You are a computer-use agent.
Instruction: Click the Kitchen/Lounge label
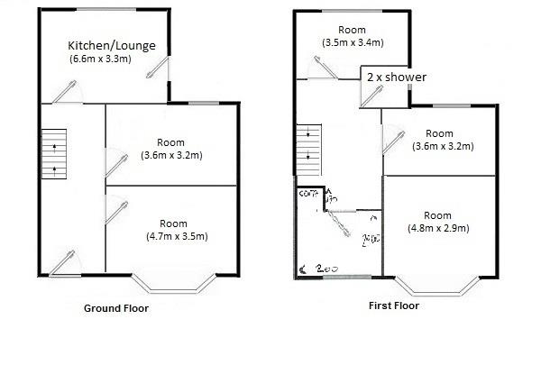110,44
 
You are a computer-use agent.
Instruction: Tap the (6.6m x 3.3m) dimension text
101,59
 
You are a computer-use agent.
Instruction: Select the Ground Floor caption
116,308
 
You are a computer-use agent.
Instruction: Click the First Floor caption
394,305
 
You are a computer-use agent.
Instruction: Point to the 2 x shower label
397,78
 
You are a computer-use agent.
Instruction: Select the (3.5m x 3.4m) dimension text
353,42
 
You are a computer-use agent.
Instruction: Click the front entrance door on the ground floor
64,261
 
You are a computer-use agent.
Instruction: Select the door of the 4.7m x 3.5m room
114,210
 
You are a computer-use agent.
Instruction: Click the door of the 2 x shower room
371,96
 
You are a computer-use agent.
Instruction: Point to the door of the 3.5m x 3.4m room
322,67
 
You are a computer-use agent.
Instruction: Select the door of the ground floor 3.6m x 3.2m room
114,162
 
